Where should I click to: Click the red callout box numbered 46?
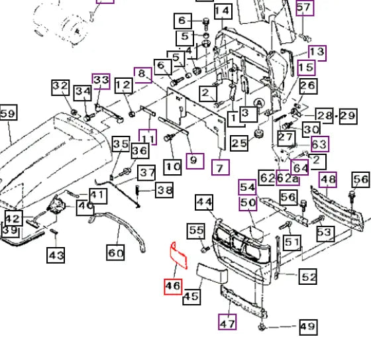[173, 287]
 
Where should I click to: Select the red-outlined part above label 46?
[179, 256]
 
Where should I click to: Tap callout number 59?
[8, 113]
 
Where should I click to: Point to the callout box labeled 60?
[115, 252]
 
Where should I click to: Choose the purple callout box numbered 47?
[227, 322]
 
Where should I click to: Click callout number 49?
[308, 327]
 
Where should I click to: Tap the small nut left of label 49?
[262, 327]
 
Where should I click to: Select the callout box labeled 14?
[223, 11]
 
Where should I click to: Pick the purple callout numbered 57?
[305, 8]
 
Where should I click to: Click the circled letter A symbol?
[259, 103]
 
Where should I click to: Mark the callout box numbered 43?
[56, 255]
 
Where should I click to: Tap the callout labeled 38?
[164, 189]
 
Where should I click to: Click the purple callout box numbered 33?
[101, 81]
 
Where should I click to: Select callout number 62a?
[288, 178]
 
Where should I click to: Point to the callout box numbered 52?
[308, 277]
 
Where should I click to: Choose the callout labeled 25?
[239, 143]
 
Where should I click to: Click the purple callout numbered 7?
[220, 168]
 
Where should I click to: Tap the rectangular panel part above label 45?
[212, 273]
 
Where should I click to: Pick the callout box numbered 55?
[196, 231]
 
